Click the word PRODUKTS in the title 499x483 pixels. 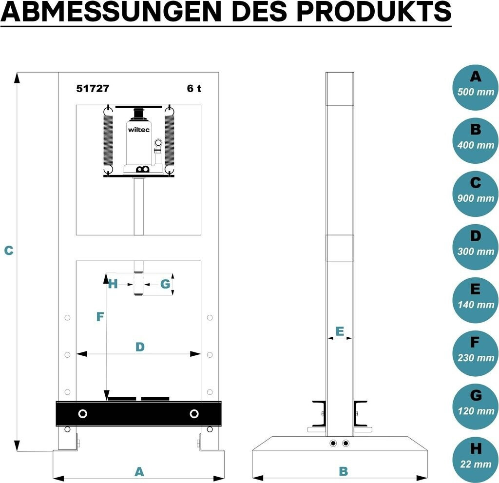(x=374, y=11)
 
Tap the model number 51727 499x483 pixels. (x=93, y=88)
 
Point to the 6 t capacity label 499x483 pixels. (x=194, y=88)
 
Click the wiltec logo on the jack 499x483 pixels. (x=138, y=130)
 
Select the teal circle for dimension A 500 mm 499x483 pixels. (x=476, y=88)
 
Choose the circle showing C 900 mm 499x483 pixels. (x=476, y=194)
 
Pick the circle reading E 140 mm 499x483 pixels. (x=476, y=300)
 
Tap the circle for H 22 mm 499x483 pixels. (x=476, y=460)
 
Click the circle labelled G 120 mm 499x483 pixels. (x=476, y=406)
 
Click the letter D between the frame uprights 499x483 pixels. (x=140, y=347)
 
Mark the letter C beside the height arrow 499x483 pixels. (x=9, y=251)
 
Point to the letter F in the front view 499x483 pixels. (x=100, y=317)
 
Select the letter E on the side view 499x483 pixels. (x=340, y=331)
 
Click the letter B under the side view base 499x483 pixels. (x=344, y=471)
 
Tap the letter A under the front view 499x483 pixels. (x=139, y=471)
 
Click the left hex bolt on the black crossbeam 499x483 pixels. (x=83, y=414)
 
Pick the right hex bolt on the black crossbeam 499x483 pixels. (x=194, y=414)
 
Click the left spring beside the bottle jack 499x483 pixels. (x=108, y=140)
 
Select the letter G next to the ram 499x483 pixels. (x=165, y=284)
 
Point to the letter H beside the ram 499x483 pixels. (x=113, y=284)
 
